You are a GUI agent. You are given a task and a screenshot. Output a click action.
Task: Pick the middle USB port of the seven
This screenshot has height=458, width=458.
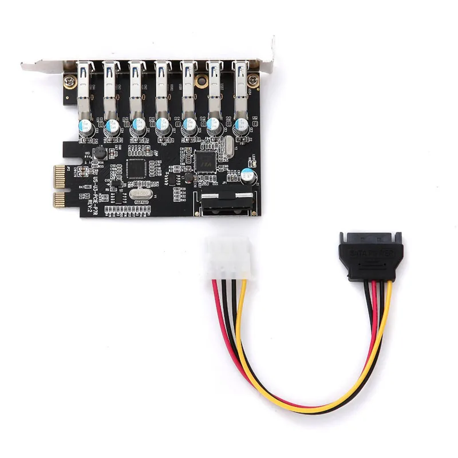pos(163,86)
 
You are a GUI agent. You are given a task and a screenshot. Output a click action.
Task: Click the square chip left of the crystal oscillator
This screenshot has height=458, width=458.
pos(137,168)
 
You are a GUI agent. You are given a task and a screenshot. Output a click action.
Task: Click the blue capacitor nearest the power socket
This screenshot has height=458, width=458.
pos(247,175)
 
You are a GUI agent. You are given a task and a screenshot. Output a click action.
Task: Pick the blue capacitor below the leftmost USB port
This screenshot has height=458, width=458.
pos(86,127)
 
